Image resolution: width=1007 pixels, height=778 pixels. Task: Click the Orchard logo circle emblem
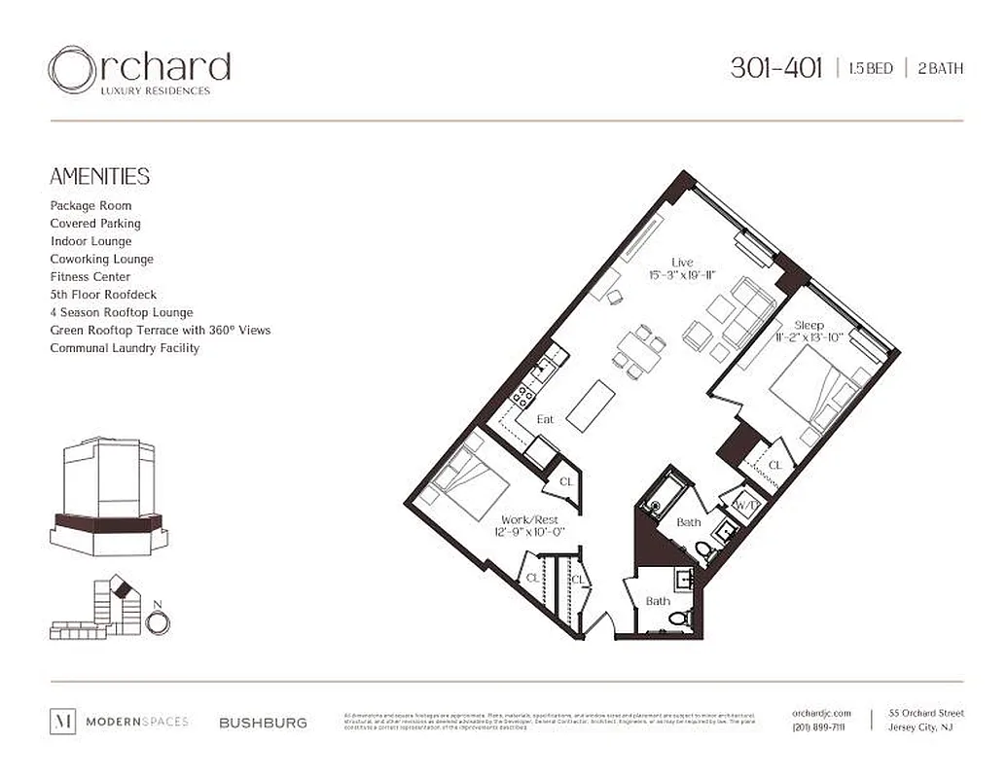(x=71, y=70)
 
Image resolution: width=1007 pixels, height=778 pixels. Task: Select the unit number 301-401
(x=775, y=68)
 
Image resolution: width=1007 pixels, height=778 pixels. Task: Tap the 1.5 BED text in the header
(x=870, y=69)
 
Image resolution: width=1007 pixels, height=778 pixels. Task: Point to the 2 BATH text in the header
(x=940, y=69)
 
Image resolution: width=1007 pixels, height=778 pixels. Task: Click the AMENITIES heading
(x=99, y=176)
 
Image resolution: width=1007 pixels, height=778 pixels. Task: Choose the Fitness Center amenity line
(x=90, y=277)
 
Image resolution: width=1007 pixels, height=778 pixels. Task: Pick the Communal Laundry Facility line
(x=125, y=348)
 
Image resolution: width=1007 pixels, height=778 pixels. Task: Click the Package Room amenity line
(x=90, y=206)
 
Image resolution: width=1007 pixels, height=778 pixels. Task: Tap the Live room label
(x=682, y=263)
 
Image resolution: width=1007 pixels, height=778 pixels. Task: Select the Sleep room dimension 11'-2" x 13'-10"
(x=809, y=337)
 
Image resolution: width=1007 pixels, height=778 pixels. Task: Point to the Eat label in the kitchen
(x=546, y=419)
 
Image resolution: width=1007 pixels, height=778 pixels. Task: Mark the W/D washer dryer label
(x=746, y=506)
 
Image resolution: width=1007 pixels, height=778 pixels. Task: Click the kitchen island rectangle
(x=588, y=406)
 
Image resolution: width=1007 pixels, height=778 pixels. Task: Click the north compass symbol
(x=158, y=621)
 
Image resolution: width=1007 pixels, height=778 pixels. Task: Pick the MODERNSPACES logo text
(x=136, y=722)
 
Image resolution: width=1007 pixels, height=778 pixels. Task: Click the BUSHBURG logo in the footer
(x=263, y=723)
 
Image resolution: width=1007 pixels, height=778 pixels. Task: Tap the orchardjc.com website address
(x=821, y=714)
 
